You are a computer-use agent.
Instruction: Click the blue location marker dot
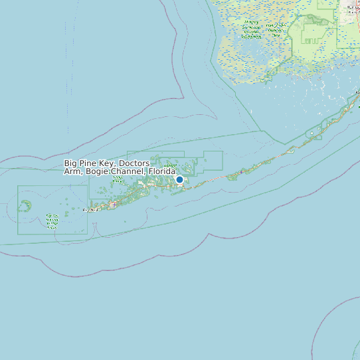[179, 179]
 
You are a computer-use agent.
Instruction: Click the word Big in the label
[71, 163]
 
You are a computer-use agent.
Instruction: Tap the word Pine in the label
[88, 163]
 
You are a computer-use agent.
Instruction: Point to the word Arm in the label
[71, 171]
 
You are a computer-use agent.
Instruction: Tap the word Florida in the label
[161, 171]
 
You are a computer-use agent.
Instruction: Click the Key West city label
[89, 210]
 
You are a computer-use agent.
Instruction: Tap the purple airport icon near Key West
[114, 205]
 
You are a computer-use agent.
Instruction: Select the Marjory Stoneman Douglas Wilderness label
[251, 30]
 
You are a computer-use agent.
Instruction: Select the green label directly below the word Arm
[71, 180]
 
